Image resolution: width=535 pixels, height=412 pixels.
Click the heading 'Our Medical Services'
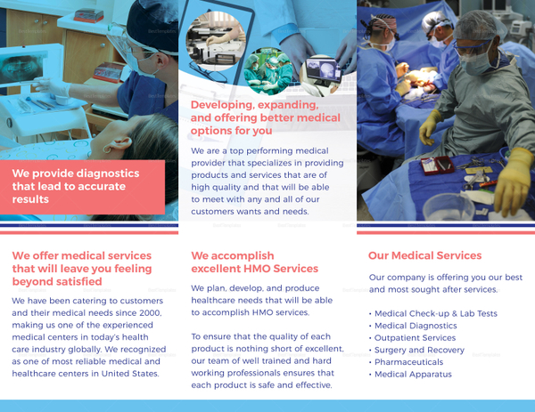coord(424,255)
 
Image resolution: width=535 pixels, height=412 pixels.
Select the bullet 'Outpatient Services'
coord(415,338)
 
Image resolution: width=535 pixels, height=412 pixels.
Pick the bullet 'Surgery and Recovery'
coord(419,350)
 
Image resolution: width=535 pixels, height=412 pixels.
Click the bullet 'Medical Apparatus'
coord(413,375)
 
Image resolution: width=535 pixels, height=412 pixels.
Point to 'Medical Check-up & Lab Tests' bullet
coord(436,313)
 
